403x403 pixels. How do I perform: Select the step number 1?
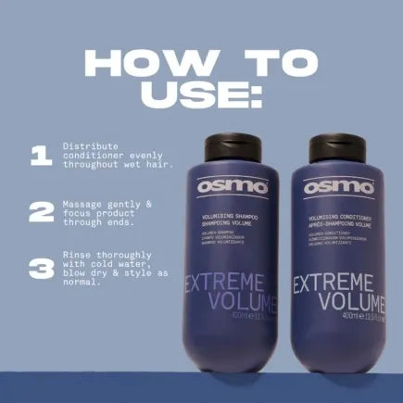(x=40, y=157)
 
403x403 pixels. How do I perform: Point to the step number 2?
(x=40, y=212)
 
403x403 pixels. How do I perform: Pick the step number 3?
(x=40, y=269)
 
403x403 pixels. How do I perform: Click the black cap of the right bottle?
(x=345, y=145)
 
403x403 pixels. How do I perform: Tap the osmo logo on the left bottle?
(x=234, y=186)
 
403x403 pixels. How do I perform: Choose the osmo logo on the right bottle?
(x=345, y=186)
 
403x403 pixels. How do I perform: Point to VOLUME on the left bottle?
(x=235, y=306)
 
